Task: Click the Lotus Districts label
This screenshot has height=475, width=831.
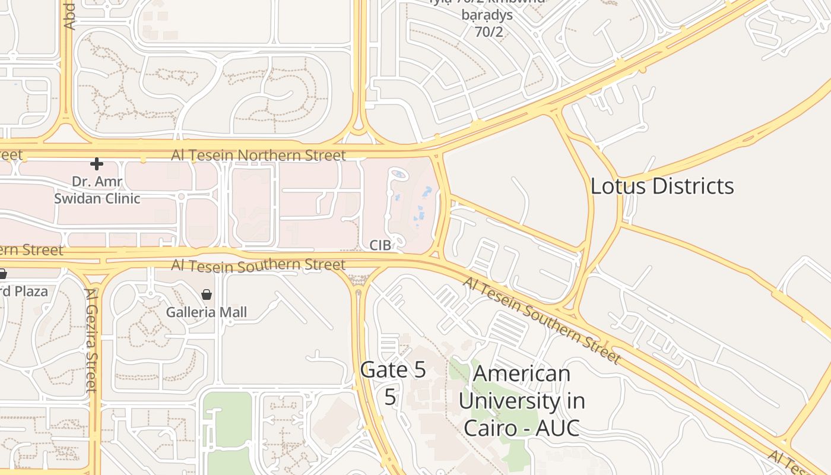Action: (662, 186)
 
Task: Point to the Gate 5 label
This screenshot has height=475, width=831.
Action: (393, 370)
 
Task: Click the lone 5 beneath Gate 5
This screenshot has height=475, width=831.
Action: (389, 397)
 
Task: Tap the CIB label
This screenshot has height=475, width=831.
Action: (380, 245)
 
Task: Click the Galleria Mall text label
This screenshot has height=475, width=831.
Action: (206, 312)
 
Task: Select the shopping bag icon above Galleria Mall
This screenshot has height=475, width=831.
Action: (206, 294)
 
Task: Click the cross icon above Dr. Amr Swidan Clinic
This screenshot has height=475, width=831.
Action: (96, 163)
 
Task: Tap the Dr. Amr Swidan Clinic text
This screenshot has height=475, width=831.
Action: (97, 189)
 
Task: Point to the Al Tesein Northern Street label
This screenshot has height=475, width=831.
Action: (258, 156)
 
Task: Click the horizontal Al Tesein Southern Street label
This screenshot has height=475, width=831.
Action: (258, 265)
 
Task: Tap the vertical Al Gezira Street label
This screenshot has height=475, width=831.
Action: (91, 340)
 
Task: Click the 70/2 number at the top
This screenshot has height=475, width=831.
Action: (489, 31)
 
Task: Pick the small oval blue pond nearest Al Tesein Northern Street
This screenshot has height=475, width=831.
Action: (399, 174)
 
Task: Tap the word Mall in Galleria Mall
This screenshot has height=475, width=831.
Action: (233, 312)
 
